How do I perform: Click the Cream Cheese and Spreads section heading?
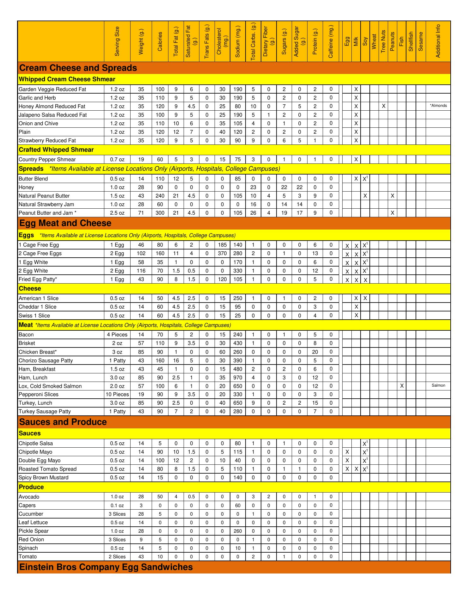[x=78, y=68]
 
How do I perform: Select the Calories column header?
[x=160, y=41]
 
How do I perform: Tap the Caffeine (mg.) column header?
[x=331, y=41]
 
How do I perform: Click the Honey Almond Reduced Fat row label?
[x=52, y=106]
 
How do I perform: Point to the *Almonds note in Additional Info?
[x=438, y=106]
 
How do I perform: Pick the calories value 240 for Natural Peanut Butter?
[x=160, y=196]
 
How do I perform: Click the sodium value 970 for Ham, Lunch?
[x=238, y=377]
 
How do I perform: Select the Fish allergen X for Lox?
[x=402, y=386]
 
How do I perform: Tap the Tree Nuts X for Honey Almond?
[x=383, y=106]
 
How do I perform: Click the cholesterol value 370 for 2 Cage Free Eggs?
[x=222, y=253]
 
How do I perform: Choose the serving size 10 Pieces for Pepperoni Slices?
[x=117, y=394]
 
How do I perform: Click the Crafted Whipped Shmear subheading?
[x=56, y=150]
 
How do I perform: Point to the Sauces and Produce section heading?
[x=63, y=422]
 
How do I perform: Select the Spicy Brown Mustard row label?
[x=44, y=477]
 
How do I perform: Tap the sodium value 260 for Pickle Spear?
[x=238, y=531]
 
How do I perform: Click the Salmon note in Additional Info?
[x=438, y=385]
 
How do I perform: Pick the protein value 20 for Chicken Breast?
[x=315, y=352]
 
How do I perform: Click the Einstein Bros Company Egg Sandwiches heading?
[x=106, y=567]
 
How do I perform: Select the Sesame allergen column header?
[x=421, y=41]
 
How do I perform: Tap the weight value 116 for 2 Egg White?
[x=141, y=271]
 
